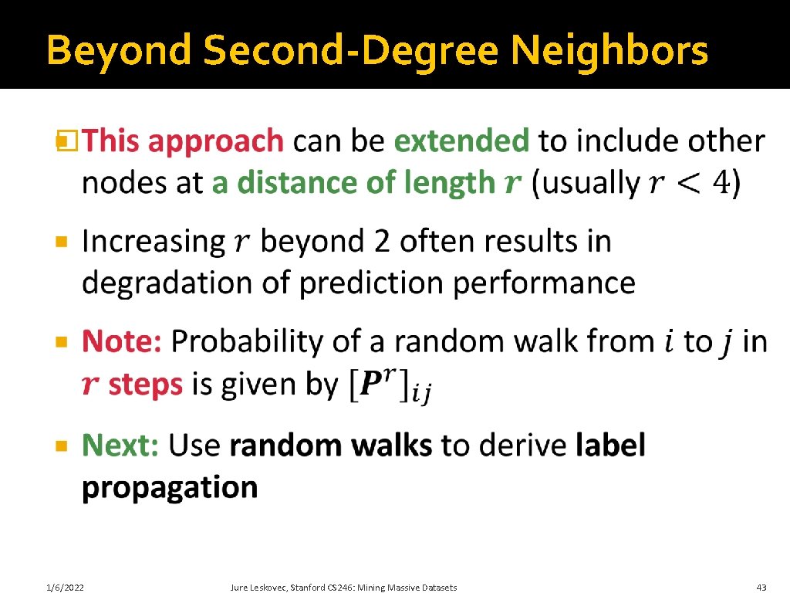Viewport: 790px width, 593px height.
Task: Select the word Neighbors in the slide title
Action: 609,52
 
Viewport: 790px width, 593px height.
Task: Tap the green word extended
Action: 461,141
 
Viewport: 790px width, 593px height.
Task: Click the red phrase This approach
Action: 184,143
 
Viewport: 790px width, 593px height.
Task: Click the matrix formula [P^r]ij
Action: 388,385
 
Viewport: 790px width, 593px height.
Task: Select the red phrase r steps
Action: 133,384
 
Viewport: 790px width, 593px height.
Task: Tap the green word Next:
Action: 120,446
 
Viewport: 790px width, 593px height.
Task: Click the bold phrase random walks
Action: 331,446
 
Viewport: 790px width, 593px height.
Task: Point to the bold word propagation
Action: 170,488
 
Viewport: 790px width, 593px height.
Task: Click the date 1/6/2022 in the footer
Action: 64,588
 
